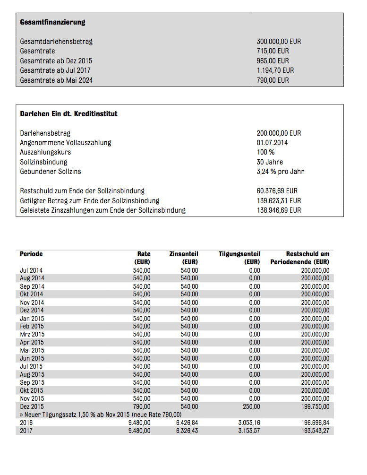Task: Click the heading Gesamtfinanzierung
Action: pos(52,22)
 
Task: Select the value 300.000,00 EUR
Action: pos(279,42)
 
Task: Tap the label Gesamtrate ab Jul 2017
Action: pos(56,70)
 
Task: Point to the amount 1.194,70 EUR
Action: pos(275,70)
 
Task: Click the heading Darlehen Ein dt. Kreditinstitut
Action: pos(68,114)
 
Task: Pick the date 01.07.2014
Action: pos(272,143)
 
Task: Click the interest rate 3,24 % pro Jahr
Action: pos(280,172)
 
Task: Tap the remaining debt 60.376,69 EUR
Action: pos(277,191)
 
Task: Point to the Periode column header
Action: pos(31,254)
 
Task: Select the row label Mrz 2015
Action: pos(32,334)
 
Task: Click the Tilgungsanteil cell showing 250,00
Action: pos(252,406)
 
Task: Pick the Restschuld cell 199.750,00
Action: pos(315,406)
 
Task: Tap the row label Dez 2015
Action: pos(32,406)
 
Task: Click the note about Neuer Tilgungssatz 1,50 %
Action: pos(101,415)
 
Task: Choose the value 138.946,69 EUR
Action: pos(279,210)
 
